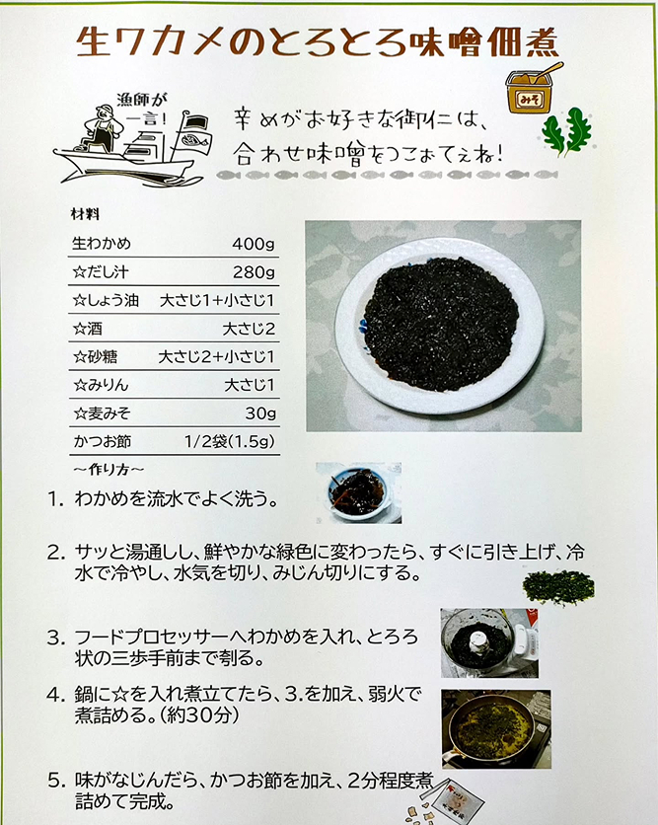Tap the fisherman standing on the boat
[x=103, y=128]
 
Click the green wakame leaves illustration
[x=567, y=132]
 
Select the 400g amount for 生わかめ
[x=254, y=244]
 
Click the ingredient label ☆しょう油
[x=106, y=300]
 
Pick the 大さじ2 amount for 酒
[x=249, y=329]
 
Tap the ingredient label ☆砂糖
[x=96, y=356]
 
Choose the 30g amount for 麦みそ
[x=260, y=413]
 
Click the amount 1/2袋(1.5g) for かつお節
[x=229, y=441]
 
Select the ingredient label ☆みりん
[x=101, y=385]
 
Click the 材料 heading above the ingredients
[x=85, y=214]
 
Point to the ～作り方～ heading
[x=109, y=470]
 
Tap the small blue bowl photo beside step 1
[x=359, y=493]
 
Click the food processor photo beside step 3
[x=489, y=643]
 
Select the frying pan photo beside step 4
[x=496, y=729]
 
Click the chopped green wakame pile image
[x=558, y=587]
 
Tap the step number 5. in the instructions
[x=57, y=781]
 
